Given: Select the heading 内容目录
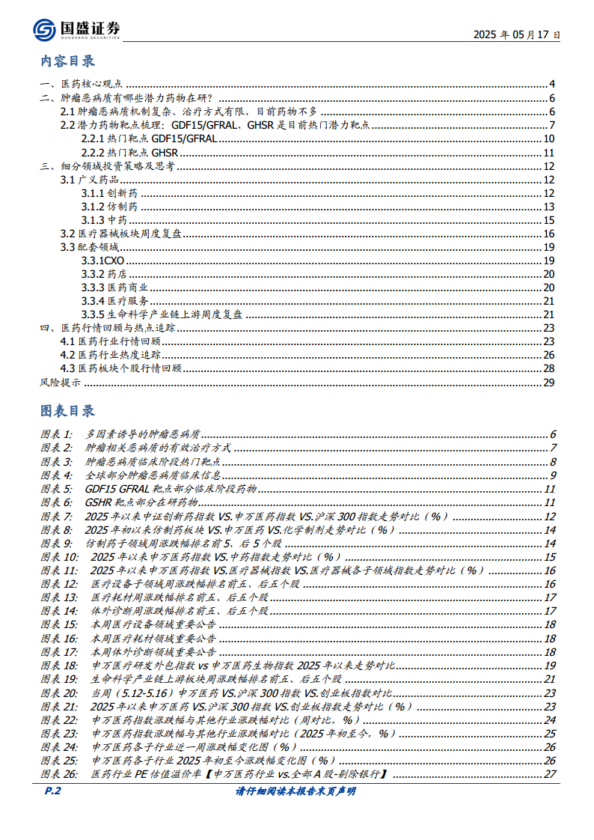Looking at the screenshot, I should pyautogui.click(x=67, y=61).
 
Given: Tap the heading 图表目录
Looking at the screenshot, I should pyautogui.click(x=67, y=411).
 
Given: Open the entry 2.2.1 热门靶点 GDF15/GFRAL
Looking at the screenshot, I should pyautogui.click(x=149, y=139).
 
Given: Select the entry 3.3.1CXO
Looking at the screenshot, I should pyautogui.click(x=102, y=261).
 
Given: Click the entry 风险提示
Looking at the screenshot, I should pyautogui.click(x=61, y=383).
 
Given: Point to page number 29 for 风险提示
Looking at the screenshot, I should pyautogui.click(x=548, y=383).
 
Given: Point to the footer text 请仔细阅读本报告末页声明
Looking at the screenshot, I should pyautogui.click(x=296, y=791).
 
